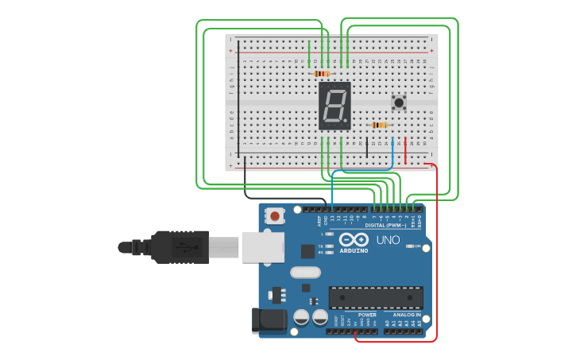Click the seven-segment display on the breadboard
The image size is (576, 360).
[334, 106]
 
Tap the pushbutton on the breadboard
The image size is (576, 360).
[399, 102]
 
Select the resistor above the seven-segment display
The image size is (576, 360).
[322, 74]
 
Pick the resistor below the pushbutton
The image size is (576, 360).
[380, 125]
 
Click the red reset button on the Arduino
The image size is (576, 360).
[276, 215]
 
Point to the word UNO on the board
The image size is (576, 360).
[388, 240]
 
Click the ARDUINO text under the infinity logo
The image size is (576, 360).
[354, 250]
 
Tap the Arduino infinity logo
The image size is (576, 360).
[354, 239]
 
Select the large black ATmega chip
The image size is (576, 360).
[376, 297]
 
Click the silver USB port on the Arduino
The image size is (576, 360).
[262, 247]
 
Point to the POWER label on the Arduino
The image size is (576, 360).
[367, 315]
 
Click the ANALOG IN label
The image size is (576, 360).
[406, 315]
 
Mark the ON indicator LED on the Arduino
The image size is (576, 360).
[410, 246]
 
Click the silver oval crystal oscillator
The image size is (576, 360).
[305, 273]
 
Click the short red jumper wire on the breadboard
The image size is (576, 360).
[405, 150]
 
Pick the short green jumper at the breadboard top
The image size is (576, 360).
[309, 52]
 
